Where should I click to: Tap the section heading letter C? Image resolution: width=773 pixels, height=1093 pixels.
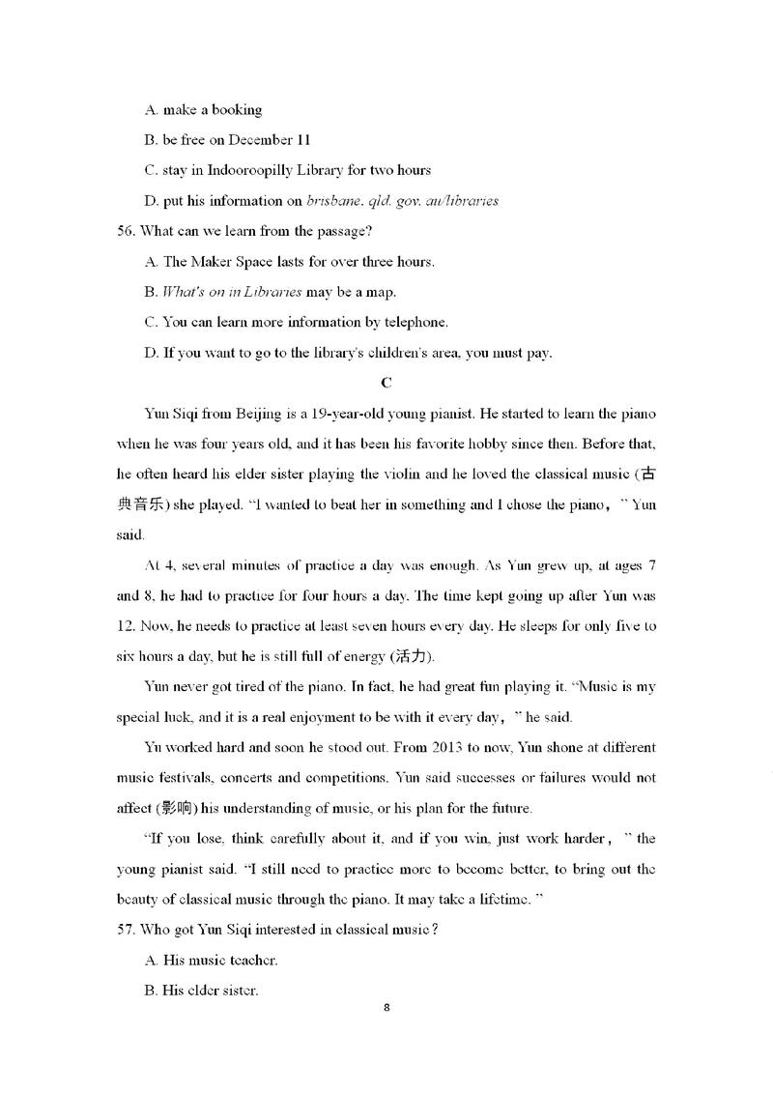[386, 383]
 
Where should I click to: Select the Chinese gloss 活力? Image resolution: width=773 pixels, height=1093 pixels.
[410, 657]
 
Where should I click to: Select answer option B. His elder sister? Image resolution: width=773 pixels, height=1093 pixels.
[201, 991]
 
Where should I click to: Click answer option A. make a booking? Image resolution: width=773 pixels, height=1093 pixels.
[203, 110]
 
